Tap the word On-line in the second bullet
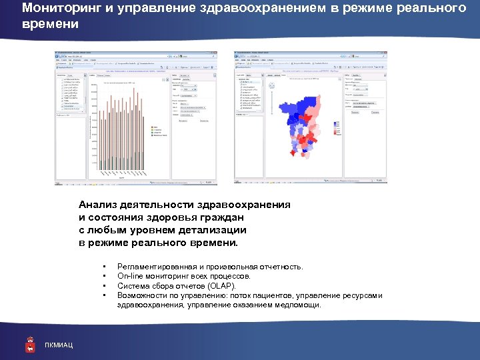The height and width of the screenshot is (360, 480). coord(129,275)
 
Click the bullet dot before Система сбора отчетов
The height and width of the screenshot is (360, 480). coord(107,285)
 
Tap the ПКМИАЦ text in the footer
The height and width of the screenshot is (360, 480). coord(59,345)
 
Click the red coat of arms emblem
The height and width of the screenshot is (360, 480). coord(30,343)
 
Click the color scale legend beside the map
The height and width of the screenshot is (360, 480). coord(337,126)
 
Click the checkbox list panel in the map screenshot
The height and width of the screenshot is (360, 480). coord(250,93)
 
